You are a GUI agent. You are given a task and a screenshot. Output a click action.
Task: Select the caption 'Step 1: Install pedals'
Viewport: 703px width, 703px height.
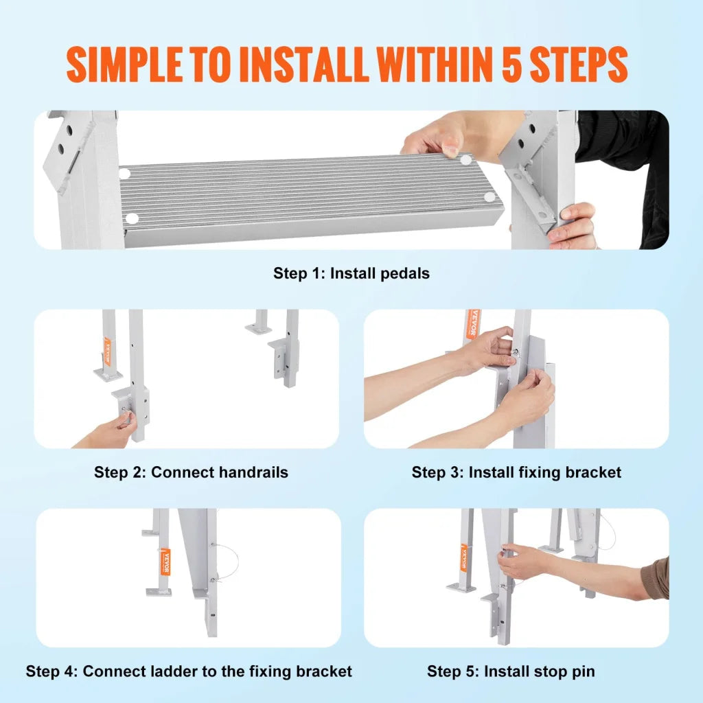click(351, 273)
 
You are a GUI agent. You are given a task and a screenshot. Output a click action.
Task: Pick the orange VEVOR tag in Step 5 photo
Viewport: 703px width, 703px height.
click(463, 558)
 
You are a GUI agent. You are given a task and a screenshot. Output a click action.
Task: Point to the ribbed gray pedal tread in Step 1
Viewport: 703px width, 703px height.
click(309, 196)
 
